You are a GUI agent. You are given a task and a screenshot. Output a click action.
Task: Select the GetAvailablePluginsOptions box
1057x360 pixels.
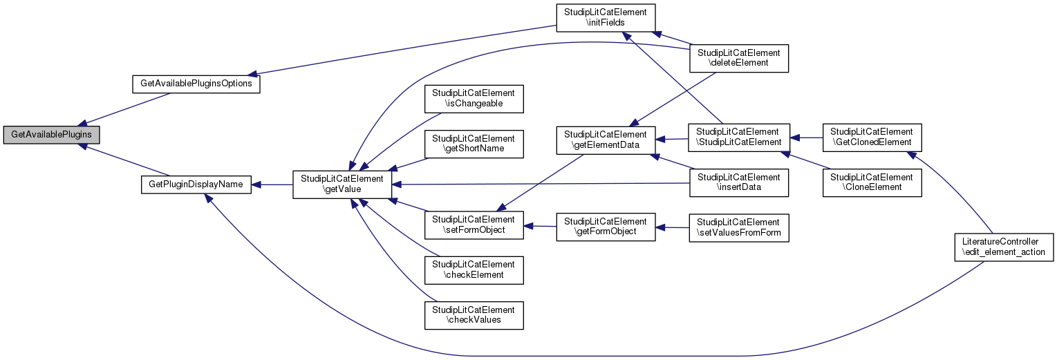[196, 84]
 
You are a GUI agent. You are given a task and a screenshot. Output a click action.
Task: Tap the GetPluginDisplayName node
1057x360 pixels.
[196, 184]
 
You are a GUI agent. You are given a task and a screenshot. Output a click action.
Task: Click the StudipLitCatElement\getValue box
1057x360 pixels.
[343, 184]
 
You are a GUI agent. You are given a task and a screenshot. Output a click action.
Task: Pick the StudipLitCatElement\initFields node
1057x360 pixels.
[606, 19]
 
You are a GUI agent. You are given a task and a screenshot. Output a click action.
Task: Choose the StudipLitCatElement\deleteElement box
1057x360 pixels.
[739, 58]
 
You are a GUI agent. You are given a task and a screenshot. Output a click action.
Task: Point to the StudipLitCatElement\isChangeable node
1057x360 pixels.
[474, 98]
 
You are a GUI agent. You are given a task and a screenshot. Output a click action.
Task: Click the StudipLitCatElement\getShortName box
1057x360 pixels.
[474, 142]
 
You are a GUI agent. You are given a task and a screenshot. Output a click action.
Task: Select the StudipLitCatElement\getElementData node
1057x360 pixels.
[606, 141]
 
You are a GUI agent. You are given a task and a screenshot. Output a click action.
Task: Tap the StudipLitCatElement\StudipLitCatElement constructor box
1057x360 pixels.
[739, 137]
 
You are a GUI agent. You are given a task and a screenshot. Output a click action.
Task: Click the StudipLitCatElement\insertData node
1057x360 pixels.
[739, 182]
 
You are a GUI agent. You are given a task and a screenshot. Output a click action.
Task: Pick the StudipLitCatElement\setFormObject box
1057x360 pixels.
[474, 225]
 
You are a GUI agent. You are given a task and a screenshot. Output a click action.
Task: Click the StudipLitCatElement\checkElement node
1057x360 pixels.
[474, 269]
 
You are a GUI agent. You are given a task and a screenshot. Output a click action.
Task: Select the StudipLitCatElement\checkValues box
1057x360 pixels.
[474, 314]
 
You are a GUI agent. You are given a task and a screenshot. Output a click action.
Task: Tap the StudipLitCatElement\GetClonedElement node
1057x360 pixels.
[872, 137]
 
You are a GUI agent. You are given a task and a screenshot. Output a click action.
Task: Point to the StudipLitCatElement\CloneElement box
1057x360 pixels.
[872, 182]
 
